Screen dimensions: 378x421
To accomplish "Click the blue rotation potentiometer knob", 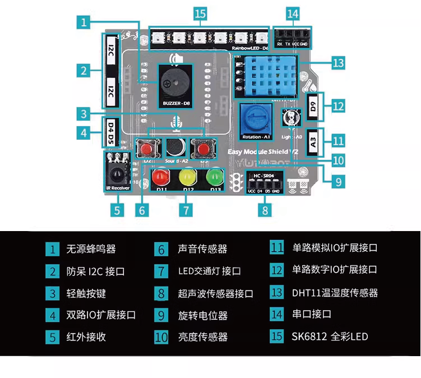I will [x=256, y=119].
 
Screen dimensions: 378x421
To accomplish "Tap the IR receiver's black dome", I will [x=117, y=169].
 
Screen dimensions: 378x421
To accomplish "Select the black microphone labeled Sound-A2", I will [x=174, y=147].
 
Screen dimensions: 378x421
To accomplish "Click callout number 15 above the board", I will [x=201, y=12].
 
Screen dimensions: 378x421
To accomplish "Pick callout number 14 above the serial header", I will [x=292, y=12].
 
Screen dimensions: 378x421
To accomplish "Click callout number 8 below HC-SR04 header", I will [x=265, y=210].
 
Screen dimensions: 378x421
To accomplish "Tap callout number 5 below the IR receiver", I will [x=117, y=210].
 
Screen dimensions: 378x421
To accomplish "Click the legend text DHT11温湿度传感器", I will [x=334, y=293].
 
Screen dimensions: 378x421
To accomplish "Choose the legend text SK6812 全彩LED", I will [x=330, y=336].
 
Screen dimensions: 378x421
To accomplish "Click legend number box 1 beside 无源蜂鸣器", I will [x=52, y=249].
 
